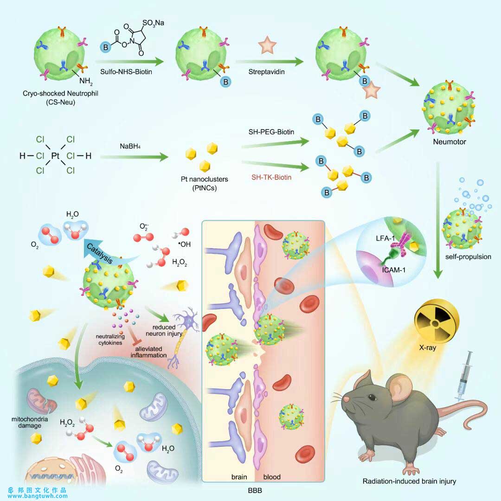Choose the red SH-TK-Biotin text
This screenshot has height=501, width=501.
273,177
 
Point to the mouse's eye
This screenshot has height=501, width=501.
371,397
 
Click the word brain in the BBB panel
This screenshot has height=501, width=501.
240,477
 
